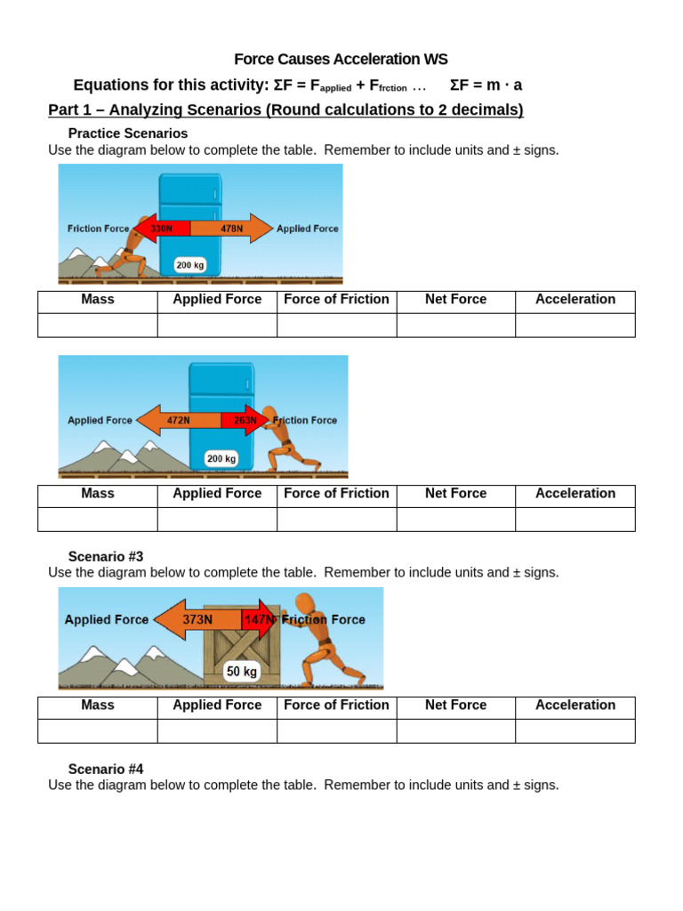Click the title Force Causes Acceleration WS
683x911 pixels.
click(341, 59)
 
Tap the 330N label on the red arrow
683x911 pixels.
click(162, 229)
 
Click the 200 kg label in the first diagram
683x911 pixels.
click(189, 264)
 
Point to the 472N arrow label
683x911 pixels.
click(179, 420)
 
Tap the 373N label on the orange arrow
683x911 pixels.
click(197, 619)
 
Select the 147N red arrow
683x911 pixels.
click(259, 619)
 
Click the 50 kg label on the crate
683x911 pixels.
click(241, 672)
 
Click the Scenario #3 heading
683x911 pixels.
click(106, 556)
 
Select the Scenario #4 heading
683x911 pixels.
click(106, 769)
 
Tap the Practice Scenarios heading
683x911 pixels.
click(128, 133)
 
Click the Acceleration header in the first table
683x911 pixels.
click(575, 300)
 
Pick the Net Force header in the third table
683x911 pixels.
click(455, 705)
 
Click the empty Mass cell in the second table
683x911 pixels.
click(98, 519)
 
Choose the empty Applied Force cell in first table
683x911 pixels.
click(217, 326)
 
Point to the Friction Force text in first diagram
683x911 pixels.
click(98, 229)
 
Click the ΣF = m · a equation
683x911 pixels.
click(486, 85)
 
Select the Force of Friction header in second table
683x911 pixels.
click(336, 494)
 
